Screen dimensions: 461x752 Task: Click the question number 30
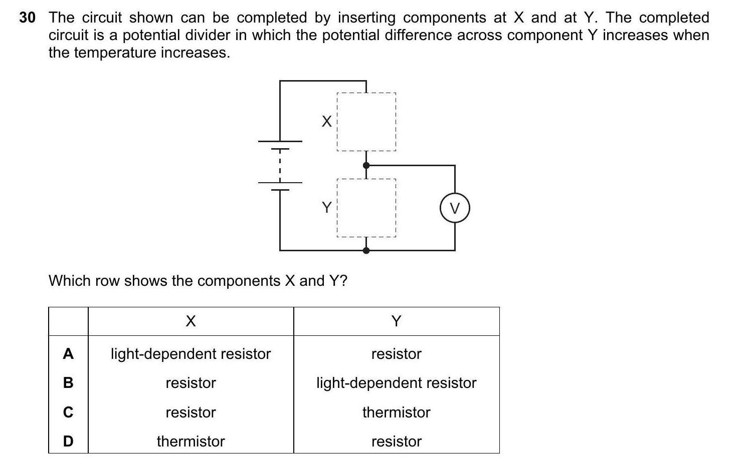[28, 18]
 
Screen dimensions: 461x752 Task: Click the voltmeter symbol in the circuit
[455, 208]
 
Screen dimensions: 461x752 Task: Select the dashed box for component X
[366, 122]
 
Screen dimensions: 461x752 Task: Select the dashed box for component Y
[366, 208]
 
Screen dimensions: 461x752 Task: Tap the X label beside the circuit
[326, 121]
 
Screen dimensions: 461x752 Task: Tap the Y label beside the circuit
[326, 207]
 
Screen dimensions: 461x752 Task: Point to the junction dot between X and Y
[366, 165]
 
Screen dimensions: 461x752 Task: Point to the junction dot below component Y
[366, 250]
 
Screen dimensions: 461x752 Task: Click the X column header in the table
[191, 321]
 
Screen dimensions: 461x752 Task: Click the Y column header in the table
[396, 321]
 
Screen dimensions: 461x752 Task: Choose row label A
[68, 354]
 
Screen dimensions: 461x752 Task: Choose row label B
[68, 383]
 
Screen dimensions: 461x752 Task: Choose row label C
[68, 412]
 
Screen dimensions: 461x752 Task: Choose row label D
[68, 441]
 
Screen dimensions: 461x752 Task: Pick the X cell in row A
[191, 354]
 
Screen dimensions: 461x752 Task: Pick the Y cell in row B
[396, 383]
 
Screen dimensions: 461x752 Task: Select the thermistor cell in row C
[396, 412]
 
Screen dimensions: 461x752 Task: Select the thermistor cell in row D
[191, 441]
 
